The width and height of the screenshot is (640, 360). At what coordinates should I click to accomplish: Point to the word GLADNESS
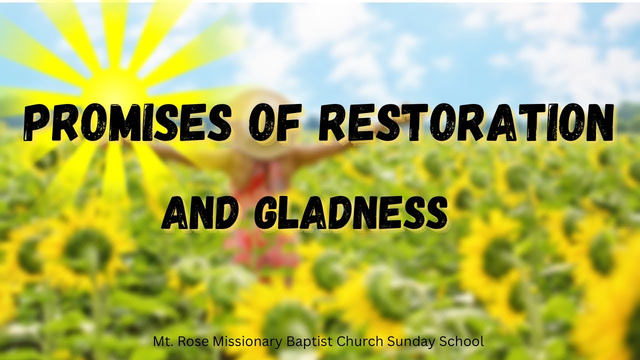[350, 212]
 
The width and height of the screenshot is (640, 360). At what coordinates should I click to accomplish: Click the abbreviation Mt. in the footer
[162, 342]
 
